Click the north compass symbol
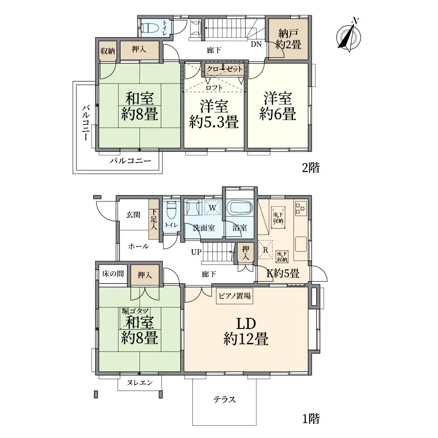(x=350, y=35)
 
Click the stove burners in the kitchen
(x=300, y=208)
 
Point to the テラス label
(x=225, y=399)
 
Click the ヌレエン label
(x=139, y=383)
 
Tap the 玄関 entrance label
(x=134, y=215)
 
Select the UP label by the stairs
(x=196, y=252)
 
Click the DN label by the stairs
(x=256, y=44)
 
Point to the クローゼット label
(x=224, y=69)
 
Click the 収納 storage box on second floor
(x=108, y=51)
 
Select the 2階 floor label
(x=310, y=168)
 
